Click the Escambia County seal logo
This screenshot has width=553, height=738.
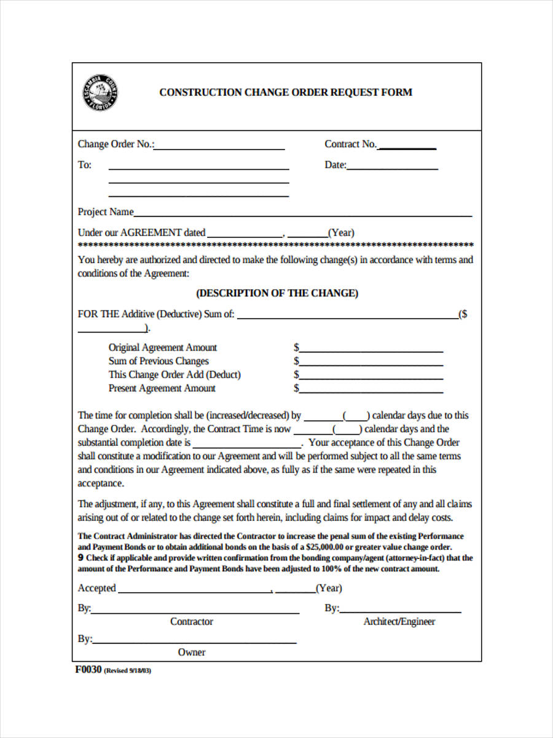point(100,93)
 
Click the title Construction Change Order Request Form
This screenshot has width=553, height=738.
point(286,92)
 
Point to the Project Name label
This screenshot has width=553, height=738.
point(105,212)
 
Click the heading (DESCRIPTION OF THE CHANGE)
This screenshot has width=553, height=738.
point(276,293)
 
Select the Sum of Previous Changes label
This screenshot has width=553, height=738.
point(159,361)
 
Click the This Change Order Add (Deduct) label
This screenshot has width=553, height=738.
point(175,375)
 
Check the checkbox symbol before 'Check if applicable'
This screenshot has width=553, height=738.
point(80,558)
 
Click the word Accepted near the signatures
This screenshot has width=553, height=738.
point(96,589)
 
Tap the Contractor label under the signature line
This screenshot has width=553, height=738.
point(192,622)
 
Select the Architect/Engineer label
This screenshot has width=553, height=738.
point(399,622)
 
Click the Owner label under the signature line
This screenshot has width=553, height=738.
point(192,653)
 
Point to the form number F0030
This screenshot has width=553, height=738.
point(88,670)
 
